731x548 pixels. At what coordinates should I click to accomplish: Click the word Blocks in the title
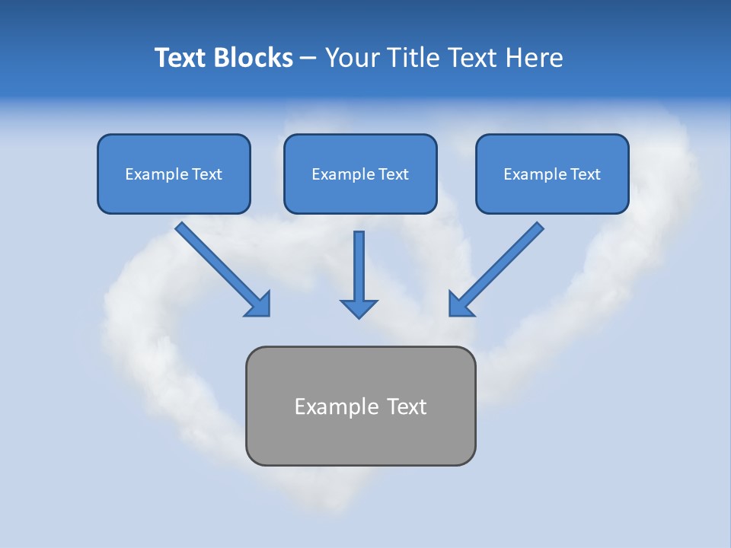click(x=252, y=58)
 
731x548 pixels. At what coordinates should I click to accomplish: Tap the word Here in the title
click(x=537, y=58)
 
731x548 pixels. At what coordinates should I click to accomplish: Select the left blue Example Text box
click(x=174, y=174)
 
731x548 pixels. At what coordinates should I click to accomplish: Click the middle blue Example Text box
click(x=360, y=174)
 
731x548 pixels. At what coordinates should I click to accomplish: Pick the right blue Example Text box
click(x=552, y=174)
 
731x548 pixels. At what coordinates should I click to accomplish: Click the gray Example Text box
click(x=360, y=406)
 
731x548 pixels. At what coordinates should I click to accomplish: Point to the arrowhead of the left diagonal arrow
click(x=259, y=304)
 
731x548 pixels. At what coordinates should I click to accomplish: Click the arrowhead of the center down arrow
click(x=359, y=308)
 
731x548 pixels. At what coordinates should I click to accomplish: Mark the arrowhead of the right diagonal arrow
click(x=460, y=304)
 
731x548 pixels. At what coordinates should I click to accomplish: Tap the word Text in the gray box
click(x=407, y=406)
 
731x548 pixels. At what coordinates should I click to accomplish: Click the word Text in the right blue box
click(x=585, y=174)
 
